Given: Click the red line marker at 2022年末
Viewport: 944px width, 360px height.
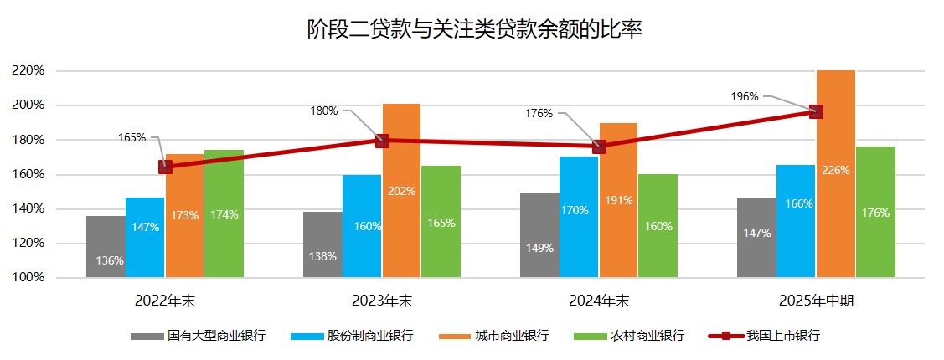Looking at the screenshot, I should pos(165,167).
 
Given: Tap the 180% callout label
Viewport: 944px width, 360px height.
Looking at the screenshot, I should pos(324,111).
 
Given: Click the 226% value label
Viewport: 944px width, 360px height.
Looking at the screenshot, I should pos(836,171).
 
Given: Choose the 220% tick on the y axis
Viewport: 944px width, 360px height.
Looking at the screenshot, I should pos(28,70).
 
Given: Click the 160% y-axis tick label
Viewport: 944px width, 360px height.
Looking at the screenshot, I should pos(28,174).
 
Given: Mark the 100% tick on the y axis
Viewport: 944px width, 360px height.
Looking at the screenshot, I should pos(28,278).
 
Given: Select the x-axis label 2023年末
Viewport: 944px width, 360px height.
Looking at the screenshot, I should pos(382,301).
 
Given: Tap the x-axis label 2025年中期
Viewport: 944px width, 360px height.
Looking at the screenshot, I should pos(816,301).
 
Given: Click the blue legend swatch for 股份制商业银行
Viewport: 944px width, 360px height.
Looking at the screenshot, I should pos(307,337).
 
